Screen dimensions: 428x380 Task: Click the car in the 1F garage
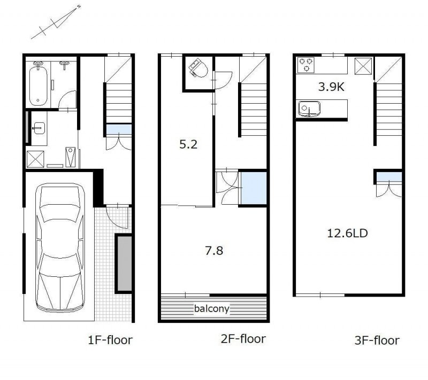[60, 248]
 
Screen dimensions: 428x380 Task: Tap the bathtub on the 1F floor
[38, 84]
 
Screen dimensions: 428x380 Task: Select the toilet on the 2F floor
[198, 68]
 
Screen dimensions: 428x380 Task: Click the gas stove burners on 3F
[306, 65]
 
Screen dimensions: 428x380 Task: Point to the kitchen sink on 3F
[309, 109]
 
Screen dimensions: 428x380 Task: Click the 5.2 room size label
[188, 144]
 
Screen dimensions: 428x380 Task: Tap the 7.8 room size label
[214, 251]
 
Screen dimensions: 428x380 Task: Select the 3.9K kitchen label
[331, 87]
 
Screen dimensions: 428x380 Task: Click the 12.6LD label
[347, 234]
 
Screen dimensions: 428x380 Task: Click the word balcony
[211, 309]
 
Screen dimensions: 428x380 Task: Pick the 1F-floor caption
[110, 340]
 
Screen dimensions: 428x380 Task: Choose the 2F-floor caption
[243, 339]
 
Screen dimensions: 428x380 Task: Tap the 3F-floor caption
[377, 340]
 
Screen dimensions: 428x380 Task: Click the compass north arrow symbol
[56, 22]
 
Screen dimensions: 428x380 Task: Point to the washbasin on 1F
[39, 128]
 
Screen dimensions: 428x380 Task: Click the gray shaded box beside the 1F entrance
[125, 263]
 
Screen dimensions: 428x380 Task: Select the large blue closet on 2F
[254, 188]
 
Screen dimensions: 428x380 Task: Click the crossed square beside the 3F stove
[363, 66]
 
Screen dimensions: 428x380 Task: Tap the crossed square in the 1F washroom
[35, 159]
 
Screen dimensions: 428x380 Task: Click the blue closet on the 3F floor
[389, 177]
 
